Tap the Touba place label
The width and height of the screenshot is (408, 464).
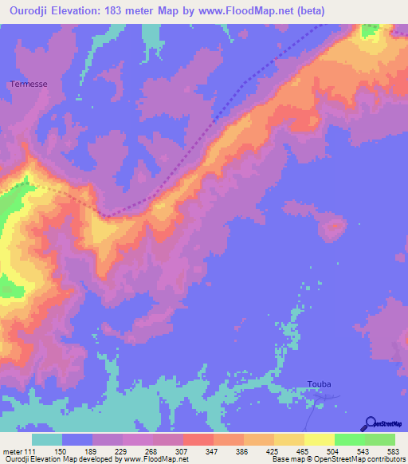coord(319,384)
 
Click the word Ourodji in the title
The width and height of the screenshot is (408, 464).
coord(29,11)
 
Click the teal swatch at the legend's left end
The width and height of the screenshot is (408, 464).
coord(47,440)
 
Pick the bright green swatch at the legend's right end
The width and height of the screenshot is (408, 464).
coord(380,440)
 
